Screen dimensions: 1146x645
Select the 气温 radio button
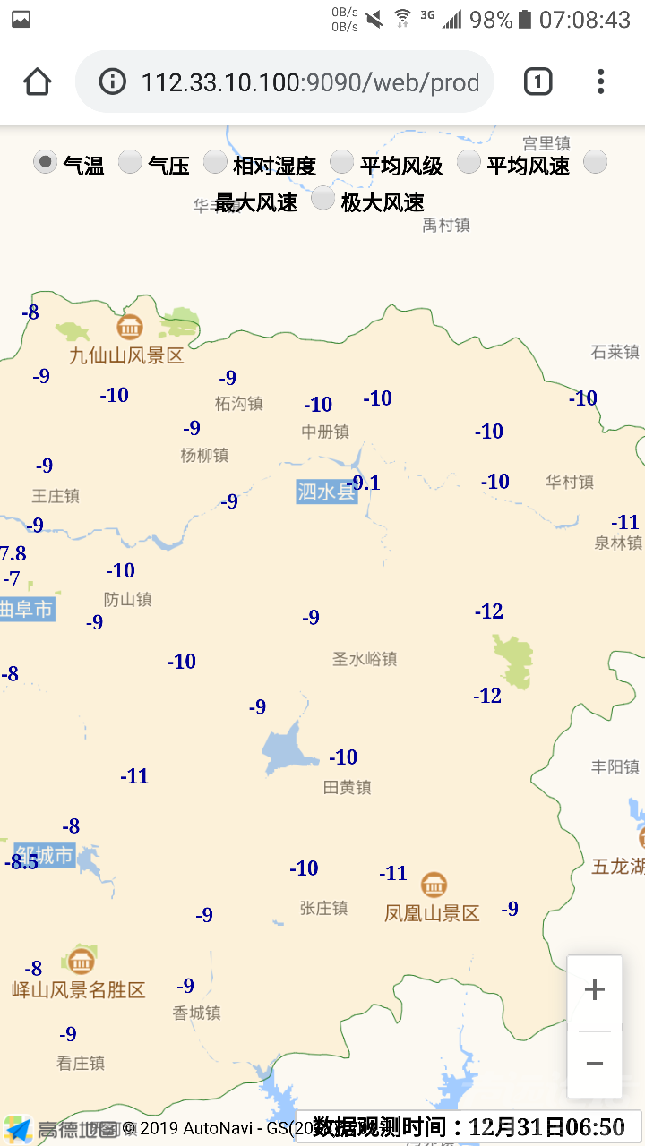click(46, 162)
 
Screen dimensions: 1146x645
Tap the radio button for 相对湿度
click(215, 162)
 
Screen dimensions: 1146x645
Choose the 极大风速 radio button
click(323, 199)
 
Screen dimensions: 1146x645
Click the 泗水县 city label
click(326, 492)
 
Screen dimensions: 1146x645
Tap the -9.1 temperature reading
click(365, 483)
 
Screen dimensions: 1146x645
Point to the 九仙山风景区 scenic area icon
click(130, 327)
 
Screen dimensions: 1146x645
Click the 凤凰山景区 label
click(432, 913)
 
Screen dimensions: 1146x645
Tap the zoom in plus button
click(594, 989)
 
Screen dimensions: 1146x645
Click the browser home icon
click(37, 81)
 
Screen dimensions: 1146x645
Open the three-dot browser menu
click(600, 81)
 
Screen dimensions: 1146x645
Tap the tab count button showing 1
click(537, 81)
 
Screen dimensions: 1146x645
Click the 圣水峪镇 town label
click(365, 659)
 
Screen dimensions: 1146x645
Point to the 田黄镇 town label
click(347, 787)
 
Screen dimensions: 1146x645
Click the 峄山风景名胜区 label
click(78, 989)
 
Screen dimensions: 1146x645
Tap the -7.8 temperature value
click(13, 553)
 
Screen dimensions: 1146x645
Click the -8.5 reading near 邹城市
click(21, 862)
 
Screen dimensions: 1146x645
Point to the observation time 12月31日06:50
click(546, 1126)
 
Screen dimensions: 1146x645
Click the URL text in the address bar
click(310, 82)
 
